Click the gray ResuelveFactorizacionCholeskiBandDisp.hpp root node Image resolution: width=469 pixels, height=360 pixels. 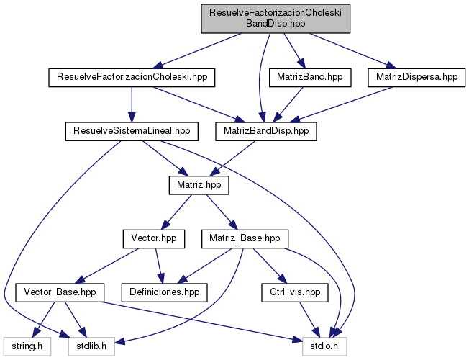coord(274,19)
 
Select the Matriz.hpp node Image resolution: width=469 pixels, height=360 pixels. coord(199,185)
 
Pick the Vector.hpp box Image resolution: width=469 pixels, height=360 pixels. coord(154,238)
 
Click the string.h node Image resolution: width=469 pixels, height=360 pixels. coord(24,346)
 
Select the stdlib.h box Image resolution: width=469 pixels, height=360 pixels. coord(86,346)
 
